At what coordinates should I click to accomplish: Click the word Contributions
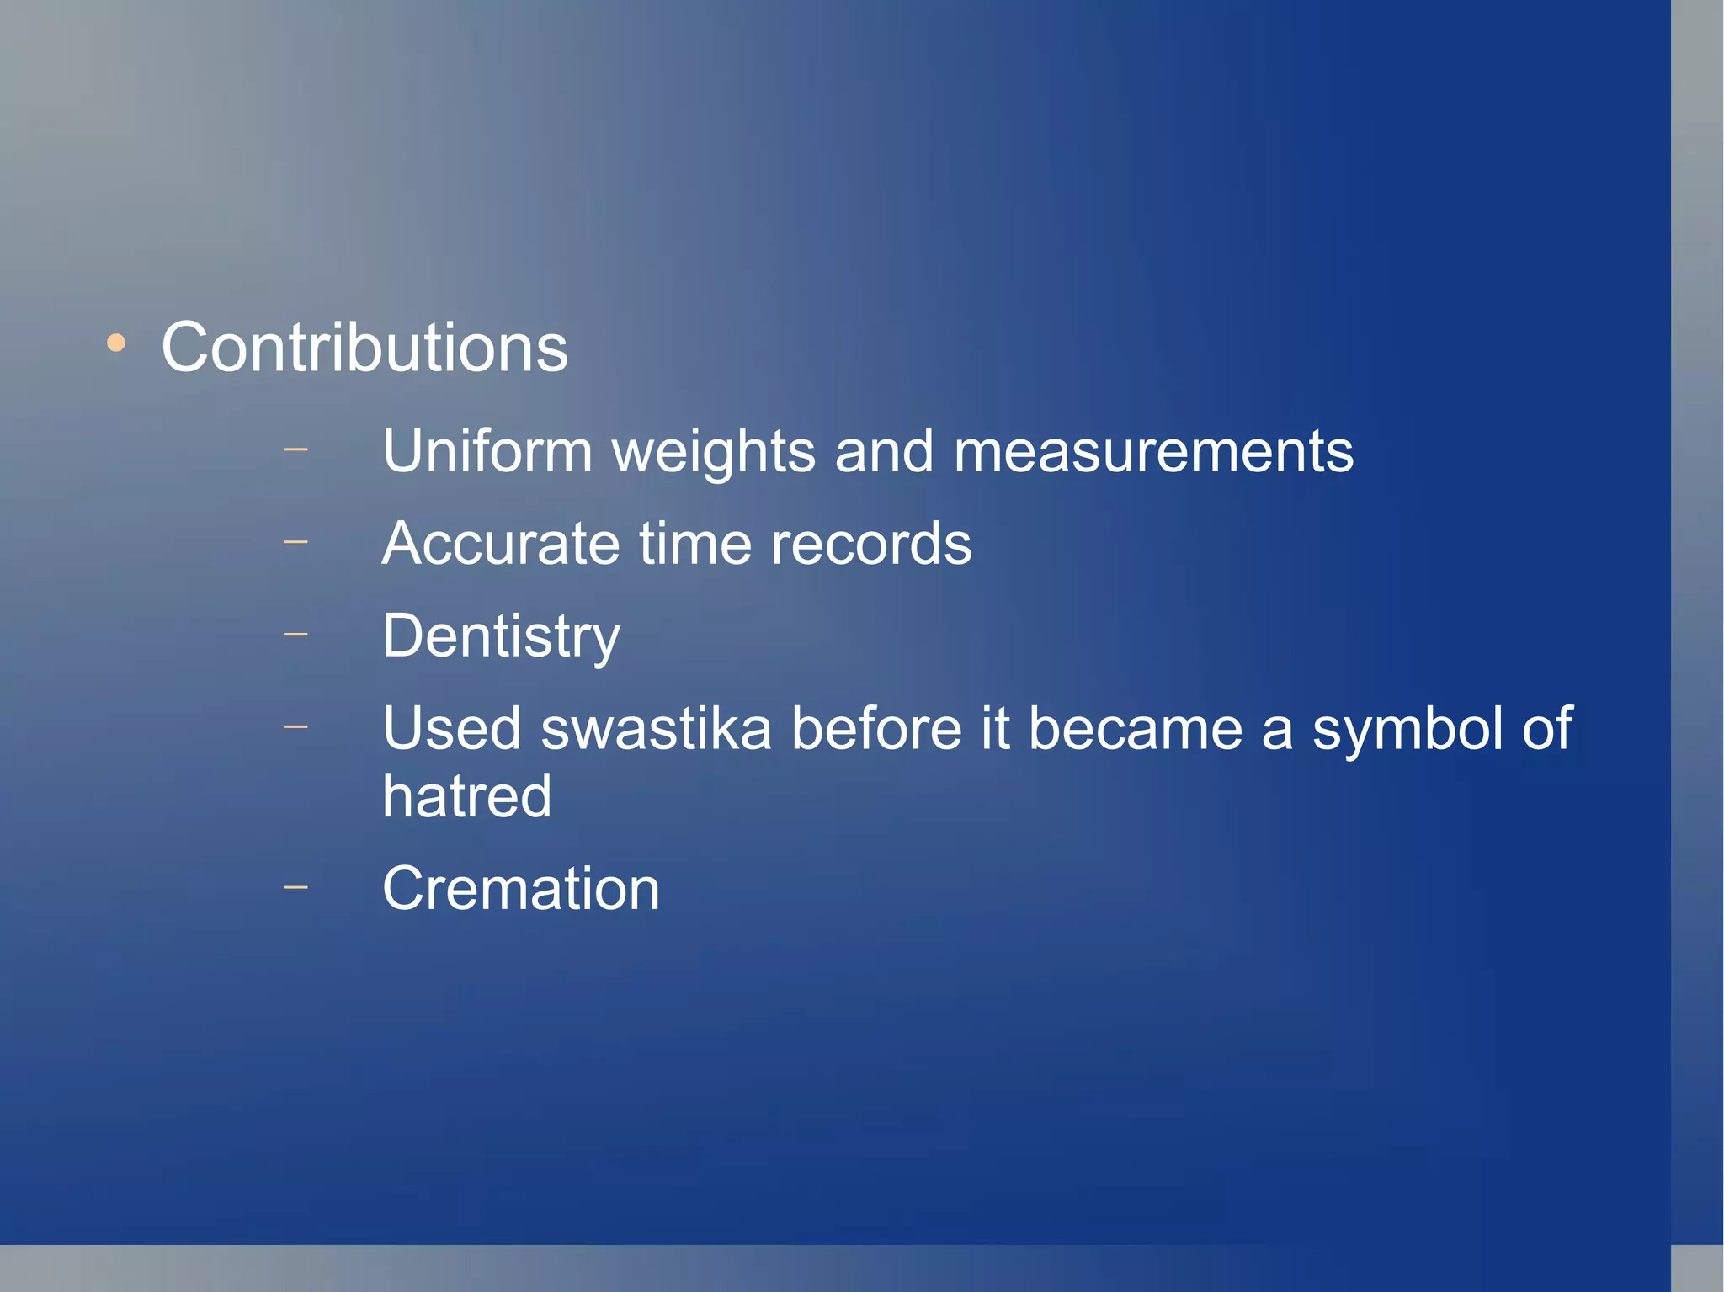pyautogui.click(x=364, y=348)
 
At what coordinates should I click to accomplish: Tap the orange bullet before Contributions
pyautogui.click(x=116, y=343)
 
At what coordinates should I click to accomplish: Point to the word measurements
pyautogui.click(x=1153, y=452)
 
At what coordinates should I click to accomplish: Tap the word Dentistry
pyautogui.click(x=501, y=637)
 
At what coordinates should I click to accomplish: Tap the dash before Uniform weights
pyautogui.click(x=295, y=449)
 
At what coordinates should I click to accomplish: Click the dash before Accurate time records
pyautogui.click(x=295, y=542)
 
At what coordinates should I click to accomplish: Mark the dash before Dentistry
pyautogui.click(x=295, y=635)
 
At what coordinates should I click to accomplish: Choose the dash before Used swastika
pyautogui.click(x=295, y=726)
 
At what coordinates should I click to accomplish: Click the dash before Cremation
pyautogui.click(x=295, y=886)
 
